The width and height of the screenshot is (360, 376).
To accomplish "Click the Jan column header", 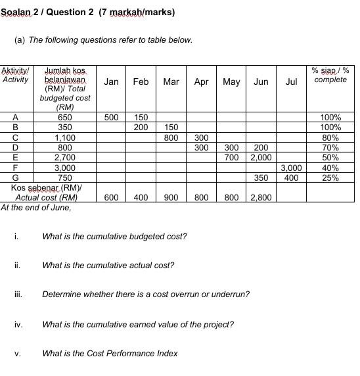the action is (x=112, y=82).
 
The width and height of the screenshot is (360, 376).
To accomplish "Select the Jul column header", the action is (x=292, y=82).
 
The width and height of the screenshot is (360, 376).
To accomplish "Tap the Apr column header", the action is (x=201, y=82).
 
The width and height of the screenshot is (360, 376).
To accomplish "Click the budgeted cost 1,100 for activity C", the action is (x=65, y=138).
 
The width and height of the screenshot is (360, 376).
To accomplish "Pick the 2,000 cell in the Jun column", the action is (x=260, y=158).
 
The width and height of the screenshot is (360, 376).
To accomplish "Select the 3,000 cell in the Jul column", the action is (x=292, y=168).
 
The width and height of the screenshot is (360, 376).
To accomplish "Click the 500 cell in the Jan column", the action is (x=112, y=117).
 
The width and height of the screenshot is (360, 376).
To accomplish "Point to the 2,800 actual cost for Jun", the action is (x=260, y=197).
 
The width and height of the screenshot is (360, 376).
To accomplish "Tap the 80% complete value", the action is (x=330, y=138).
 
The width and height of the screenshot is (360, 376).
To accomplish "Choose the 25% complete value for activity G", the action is (x=330, y=177).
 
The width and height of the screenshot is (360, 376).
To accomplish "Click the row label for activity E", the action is (x=15, y=158).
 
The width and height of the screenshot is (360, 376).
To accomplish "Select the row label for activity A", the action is (x=15, y=117).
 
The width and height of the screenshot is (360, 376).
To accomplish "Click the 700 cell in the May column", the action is (x=231, y=158).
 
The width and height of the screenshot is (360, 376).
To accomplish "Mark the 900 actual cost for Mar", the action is (x=171, y=197).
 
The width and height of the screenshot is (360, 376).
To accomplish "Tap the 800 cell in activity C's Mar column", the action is (x=171, y=138).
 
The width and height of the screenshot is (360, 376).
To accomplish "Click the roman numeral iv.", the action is (x=18, y=324).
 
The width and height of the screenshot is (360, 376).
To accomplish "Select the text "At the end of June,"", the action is (x=36, y=208).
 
